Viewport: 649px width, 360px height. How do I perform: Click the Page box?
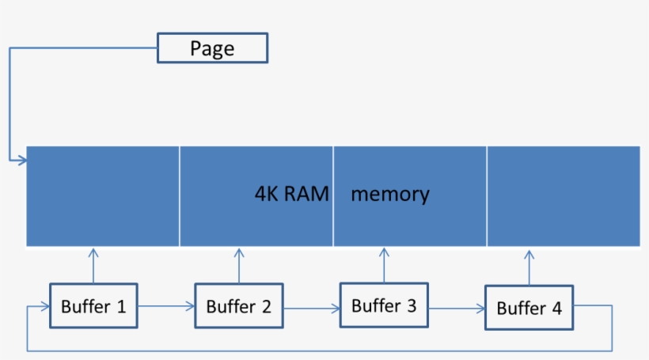pos(213,48)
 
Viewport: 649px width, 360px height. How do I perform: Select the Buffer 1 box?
pos(93,305)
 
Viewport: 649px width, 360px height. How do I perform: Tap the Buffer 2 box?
pos(239,305)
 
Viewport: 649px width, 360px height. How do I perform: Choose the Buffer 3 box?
pos(384,305)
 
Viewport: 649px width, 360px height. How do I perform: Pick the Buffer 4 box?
pos(529,308)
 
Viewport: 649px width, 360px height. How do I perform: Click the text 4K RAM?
pos(291,194)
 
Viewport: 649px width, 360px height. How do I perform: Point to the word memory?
pos(389,194)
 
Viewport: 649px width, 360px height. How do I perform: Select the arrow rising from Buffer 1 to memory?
pos(93,265)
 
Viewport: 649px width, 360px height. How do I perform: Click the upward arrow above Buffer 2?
pos(239,265)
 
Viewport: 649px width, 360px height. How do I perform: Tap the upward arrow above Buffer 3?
pos(385,265)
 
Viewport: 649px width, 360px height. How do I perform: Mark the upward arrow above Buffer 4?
pos(529,267)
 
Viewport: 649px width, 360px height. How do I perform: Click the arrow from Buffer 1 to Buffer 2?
pos(166,305)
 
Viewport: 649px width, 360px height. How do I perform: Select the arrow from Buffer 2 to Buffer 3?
pos(311,307)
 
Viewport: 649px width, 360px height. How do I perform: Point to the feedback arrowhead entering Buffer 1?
pos(44,305)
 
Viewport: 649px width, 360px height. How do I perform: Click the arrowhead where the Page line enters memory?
pos(22,160)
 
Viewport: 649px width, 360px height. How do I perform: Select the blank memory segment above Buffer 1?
pos(103,195)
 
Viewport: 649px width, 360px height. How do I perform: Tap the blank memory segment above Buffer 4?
pos(563,195)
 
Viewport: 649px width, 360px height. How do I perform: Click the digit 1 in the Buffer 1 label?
pos(121,306)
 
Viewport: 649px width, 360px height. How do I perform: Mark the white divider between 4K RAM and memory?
pos(333,195)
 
